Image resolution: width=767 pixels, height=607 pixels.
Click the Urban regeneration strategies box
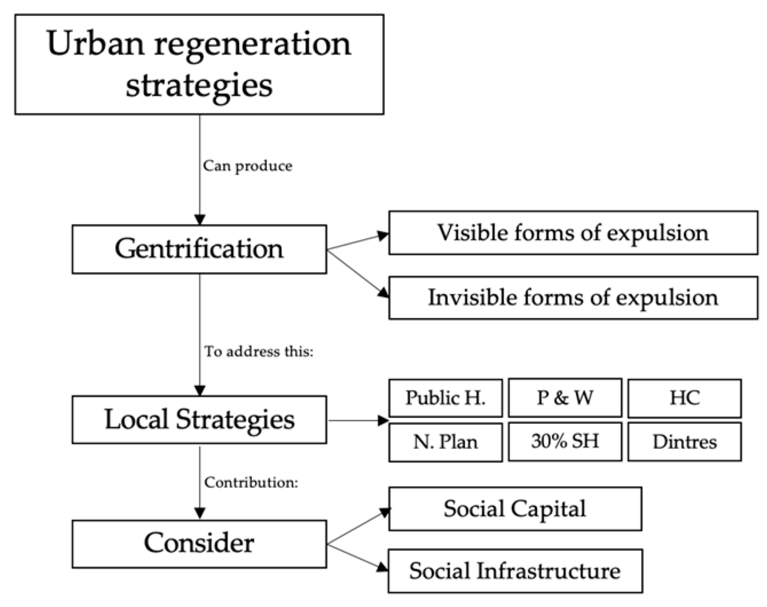tap(199, 64)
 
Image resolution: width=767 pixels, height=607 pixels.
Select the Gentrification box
tap(199, 249)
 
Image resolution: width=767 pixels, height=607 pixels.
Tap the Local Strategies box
tap(199, 419)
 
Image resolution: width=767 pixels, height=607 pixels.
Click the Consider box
tap(199, 543)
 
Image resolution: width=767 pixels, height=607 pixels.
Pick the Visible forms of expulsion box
tap(573, 232)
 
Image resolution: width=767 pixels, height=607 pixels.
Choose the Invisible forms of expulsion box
tap(573, 298)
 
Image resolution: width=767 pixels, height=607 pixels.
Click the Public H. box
tap(445, 397)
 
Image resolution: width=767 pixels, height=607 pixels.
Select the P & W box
tap(564, 397)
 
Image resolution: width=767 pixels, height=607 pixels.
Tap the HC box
tap(684, 397)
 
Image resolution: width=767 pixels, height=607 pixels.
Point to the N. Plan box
tap(445, 442)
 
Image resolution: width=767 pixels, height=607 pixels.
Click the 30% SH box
tap(564, 441)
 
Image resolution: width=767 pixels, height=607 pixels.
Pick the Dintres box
tap(684, 442)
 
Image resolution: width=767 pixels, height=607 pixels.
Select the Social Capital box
tap(514, 509)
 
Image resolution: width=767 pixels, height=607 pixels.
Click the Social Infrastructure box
tap(514, 571)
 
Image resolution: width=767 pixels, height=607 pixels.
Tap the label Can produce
tap(247, 166)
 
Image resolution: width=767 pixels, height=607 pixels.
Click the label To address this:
tap(259, 351)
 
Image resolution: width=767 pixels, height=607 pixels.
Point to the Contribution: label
tap(251, 482)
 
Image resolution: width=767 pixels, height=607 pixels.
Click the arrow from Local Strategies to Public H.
tap(357, 420)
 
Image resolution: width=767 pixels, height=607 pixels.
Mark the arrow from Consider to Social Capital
tap(357, 527)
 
